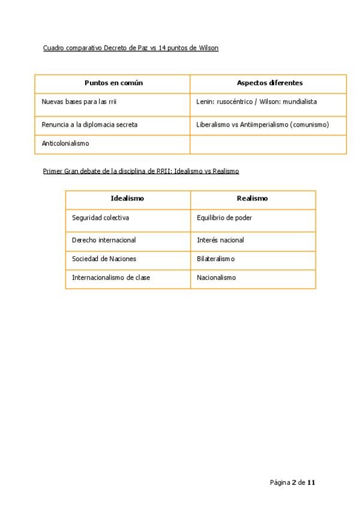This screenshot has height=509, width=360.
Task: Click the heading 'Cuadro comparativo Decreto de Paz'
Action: point(131,47)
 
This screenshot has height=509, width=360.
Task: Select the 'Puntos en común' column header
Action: point(113,83)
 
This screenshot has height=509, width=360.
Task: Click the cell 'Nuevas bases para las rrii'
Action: point(79,102)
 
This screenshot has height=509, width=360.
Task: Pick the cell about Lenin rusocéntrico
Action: point(256,102)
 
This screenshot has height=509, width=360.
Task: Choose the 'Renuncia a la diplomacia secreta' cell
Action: point(89,125)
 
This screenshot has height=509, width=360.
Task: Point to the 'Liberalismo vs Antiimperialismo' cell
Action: point(262,125)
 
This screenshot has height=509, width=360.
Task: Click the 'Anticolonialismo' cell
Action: point(65,143)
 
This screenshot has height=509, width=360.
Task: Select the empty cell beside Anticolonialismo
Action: point(268,144)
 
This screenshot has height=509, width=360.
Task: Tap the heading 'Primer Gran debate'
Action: point(141,171)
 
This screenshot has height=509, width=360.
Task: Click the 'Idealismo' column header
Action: point(127,198)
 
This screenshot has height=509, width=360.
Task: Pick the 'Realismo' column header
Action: point(252,198)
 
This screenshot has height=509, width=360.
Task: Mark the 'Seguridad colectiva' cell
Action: point(100,218)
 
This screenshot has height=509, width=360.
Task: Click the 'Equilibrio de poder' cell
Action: point(224,218)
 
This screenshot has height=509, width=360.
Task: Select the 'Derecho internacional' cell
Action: point(104,240)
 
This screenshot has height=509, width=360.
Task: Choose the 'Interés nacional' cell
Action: point(220,240)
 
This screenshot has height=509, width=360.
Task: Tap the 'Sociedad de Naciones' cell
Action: point(104,259)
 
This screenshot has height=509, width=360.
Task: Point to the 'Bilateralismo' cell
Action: point(216,259)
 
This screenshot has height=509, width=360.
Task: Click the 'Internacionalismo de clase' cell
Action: point(111,278)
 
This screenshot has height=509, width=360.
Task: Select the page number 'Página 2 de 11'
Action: point(292,483)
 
